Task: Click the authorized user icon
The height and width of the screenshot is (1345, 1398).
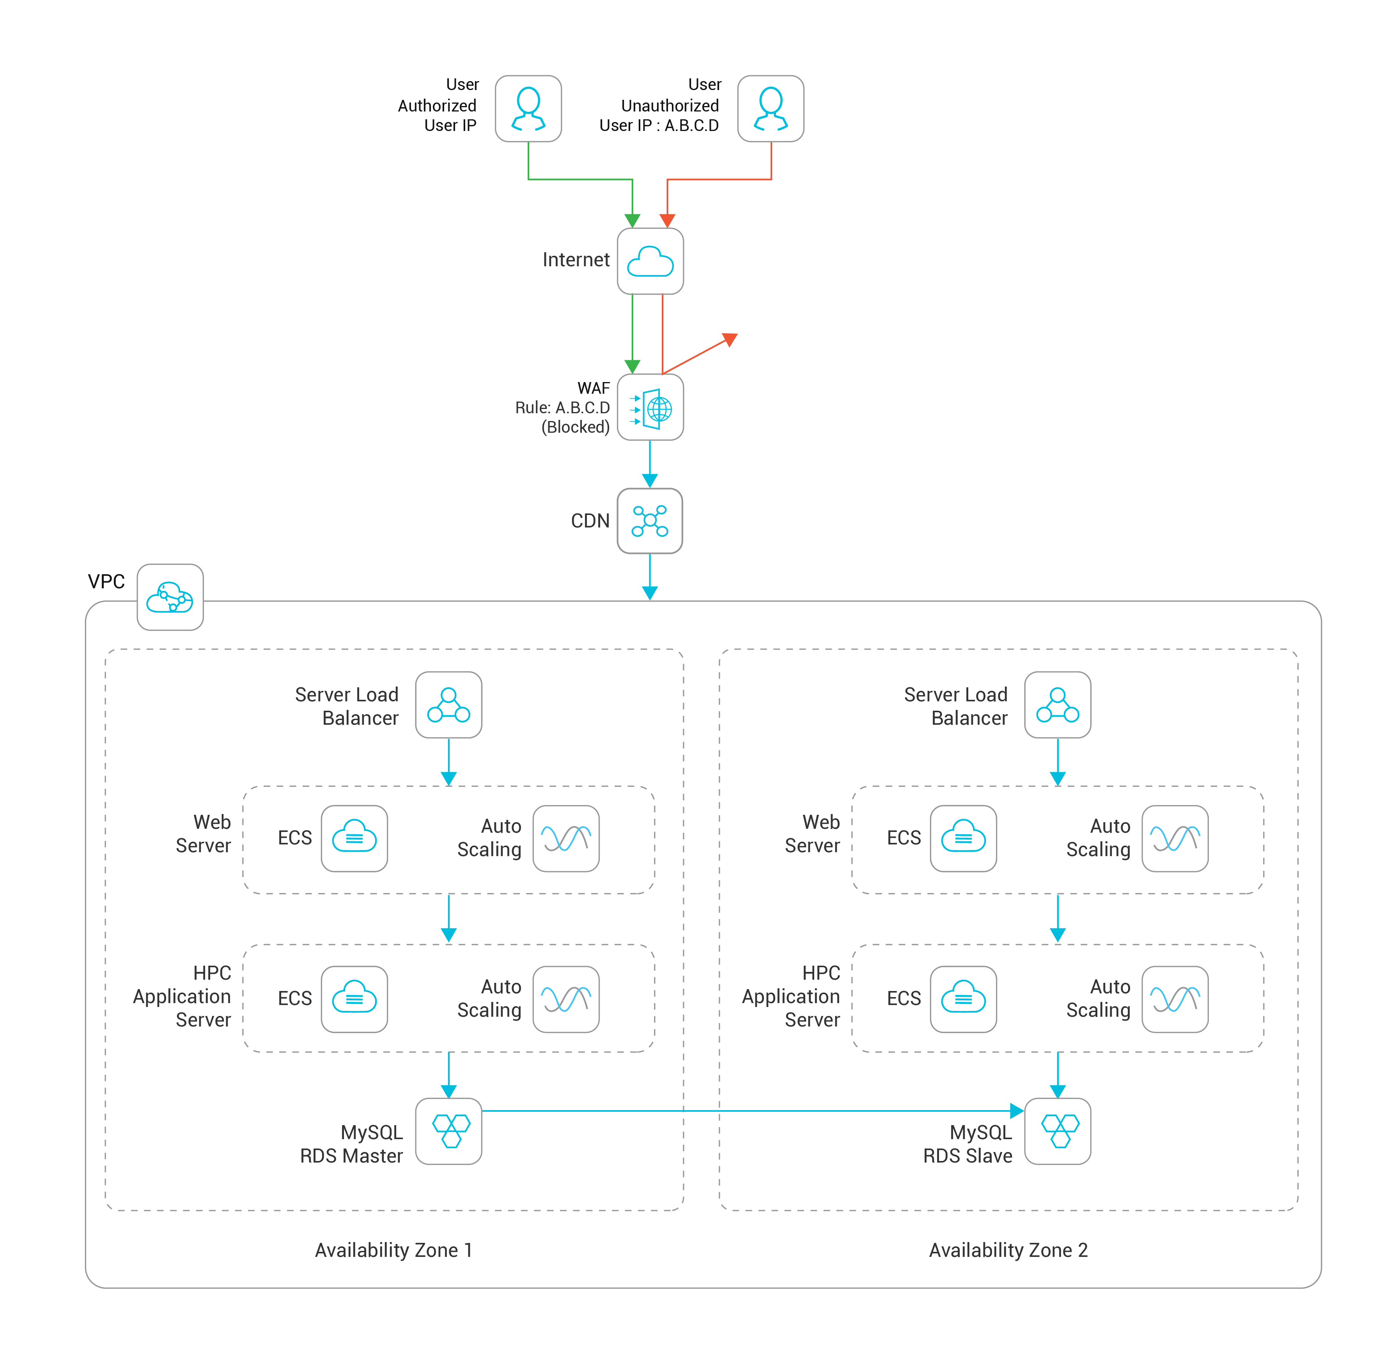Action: (528, 108)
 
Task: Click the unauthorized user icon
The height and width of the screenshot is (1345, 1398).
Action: (771, 108)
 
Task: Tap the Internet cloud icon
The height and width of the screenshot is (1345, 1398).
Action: (650, 261)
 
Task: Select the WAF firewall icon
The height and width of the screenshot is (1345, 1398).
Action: (650, 407)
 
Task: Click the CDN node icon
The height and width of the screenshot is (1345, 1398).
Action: (650, 520)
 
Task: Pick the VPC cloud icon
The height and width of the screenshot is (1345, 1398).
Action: (170, 597)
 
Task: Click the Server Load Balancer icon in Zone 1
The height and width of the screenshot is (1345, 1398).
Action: (448, 704)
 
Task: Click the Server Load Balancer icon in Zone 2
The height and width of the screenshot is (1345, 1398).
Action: (1058, 704)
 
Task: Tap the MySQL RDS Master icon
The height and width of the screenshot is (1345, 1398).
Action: (448, 1131)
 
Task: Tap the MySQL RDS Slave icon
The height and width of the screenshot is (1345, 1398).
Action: (1058, 1131)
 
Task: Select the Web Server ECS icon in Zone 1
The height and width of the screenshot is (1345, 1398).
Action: (354, 839)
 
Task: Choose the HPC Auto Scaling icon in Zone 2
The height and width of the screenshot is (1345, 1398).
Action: (1175, 999)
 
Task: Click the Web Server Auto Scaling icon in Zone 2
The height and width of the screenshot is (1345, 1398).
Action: (1175, 839)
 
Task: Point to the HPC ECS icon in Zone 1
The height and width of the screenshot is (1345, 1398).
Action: (354, 999)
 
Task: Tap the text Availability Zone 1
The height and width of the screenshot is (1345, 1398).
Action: (394, 1250)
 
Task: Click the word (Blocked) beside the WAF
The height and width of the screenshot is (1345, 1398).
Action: (576, 427)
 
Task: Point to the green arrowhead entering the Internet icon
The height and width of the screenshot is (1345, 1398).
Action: (633, 220)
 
